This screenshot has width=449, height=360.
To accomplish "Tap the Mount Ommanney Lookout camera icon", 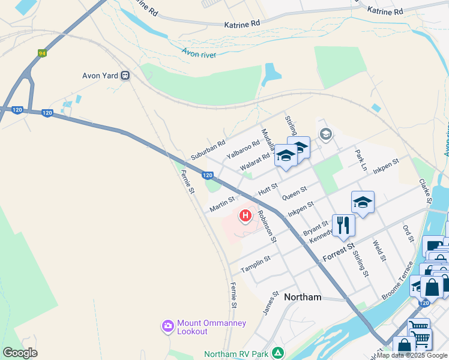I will click(x=167, y=326).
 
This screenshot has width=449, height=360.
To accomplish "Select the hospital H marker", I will click(x=245, y=215).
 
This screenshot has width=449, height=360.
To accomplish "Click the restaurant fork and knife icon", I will click(x=343, y=224).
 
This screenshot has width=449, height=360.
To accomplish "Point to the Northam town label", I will click(x=303, y=297).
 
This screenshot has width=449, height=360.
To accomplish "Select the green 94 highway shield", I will click(x=42, y=53).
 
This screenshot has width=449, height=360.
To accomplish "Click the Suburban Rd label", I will click(x=208, y=151).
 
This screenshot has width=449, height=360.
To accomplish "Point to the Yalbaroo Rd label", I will click(x=243, y=149).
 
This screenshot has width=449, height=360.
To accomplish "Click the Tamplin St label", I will click(x=255, y=263).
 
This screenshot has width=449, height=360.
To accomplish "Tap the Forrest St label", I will click(x=339, y=250).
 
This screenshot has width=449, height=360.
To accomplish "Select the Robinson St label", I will click(x=267, y=226).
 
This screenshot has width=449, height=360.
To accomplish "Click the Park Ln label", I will click(x=360, y=161).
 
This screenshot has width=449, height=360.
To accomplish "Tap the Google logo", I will click(x=20, y=352).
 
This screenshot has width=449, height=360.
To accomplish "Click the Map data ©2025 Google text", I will click(x=412, y=355).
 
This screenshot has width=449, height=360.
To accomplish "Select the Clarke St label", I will click(x=426, y=190).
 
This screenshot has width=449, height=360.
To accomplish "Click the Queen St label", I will click(x=294, y=193).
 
